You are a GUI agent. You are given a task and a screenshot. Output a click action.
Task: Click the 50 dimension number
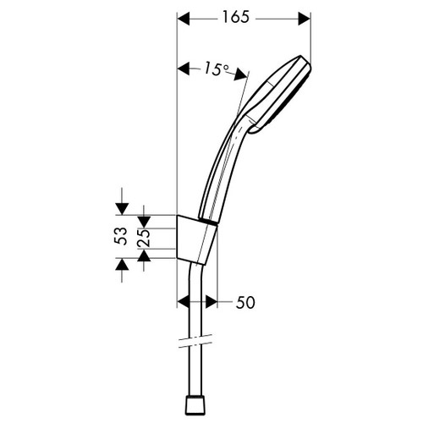244,301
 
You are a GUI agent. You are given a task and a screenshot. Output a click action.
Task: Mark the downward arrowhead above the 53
122,206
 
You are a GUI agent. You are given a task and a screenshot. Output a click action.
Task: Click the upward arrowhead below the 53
122,264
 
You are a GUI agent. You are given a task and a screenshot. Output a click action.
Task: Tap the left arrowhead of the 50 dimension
184,301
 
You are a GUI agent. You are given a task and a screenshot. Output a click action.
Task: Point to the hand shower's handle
222,169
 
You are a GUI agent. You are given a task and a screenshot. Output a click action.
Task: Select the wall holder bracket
196,237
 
